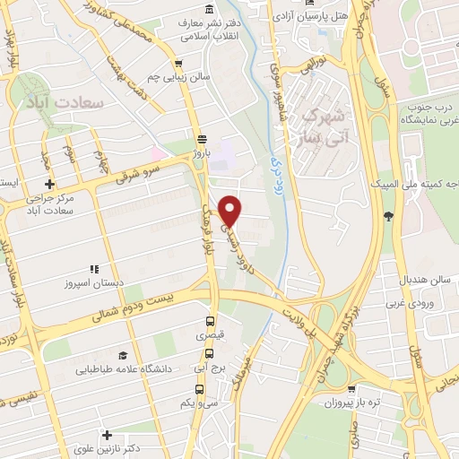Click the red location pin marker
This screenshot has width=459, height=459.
[231, 211]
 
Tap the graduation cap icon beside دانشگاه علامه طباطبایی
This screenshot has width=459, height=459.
[122, 355]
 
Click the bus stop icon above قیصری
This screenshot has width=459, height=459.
[211, 322]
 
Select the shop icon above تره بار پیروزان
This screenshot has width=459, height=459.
[352, 390]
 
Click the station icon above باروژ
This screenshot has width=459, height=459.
[203, 139]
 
